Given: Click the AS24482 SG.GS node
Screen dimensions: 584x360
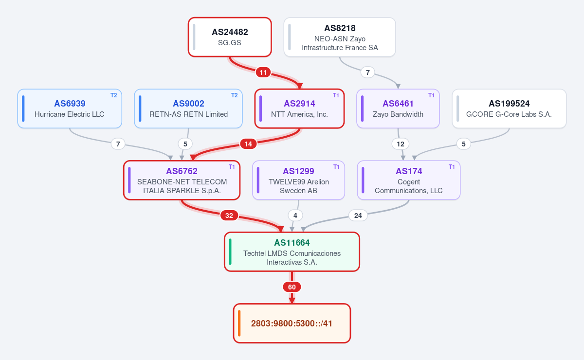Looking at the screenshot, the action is [x=230, y=37].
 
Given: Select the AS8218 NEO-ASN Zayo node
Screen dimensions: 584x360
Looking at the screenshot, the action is [x=340, y=37].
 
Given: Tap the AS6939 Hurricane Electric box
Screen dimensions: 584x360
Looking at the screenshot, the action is [x=70, y=108].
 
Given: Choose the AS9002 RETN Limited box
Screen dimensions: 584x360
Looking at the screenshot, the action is [x=188, y=108].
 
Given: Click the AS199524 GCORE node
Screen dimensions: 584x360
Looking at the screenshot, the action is [x=509, y=108].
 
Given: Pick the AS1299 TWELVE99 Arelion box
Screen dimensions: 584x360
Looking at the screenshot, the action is [x=298, y=180].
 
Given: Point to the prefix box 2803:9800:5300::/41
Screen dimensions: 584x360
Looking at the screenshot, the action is [x=292, y=323].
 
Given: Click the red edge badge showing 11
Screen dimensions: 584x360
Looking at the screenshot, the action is [x=263, y=72].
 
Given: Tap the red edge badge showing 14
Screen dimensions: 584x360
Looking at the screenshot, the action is [x=248, y=144].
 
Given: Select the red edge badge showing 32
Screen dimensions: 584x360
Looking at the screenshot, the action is [x=229, y=216].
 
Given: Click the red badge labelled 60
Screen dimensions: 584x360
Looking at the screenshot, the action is [x=292, y=287].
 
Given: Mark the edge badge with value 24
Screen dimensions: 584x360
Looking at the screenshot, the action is [x=358, y=216].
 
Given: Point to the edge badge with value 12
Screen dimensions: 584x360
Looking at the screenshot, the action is [x=401, y=144].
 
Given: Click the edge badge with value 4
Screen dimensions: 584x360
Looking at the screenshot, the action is [x=295, y=216].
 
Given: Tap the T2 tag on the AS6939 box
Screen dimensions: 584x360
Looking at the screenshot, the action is [x=114, y=95].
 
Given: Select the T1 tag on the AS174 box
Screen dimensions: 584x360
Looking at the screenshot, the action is [x=452, y=167].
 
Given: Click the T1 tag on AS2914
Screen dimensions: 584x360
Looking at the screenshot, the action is [x=336, y=95].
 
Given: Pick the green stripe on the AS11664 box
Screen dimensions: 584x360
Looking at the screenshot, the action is [x=230, y=252].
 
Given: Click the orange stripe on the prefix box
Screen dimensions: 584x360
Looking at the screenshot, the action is [x=239, y=323].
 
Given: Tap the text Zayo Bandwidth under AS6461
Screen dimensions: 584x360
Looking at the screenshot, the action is [x=398, y=114].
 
